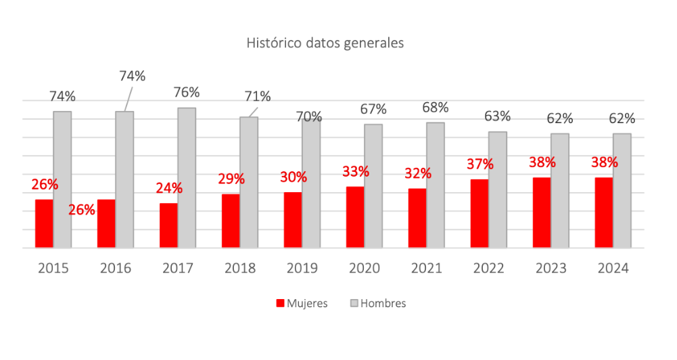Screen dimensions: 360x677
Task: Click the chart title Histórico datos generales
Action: click(x=325, y=43)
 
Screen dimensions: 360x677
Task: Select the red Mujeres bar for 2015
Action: click(x=44, y=223)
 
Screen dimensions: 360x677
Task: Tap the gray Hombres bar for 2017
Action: click(x=187, y=177)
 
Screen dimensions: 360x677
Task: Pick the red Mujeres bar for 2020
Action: click(x=355, y=217)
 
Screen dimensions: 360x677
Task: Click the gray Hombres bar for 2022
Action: click(x=498, y=189)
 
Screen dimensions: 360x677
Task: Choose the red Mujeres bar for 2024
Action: click(x=604, y=212)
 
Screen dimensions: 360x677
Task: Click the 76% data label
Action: click(x=186, y=92)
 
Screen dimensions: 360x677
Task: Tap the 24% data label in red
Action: click(x=168, y=189)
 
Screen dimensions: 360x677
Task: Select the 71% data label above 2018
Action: click(x=257, y=96)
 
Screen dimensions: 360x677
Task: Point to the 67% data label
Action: click(x=373, y=109)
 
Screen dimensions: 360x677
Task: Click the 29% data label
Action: click(x=231, y=179)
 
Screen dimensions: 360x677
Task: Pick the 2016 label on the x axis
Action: click(x=116, y=269)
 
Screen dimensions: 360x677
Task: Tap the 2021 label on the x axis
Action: click(x=427, y=269)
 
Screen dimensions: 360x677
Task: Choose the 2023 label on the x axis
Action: click(x=551, y=269)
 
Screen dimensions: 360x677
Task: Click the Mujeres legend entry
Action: click(x=302, y=304)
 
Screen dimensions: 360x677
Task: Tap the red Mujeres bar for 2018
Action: click(x=231, y=221)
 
